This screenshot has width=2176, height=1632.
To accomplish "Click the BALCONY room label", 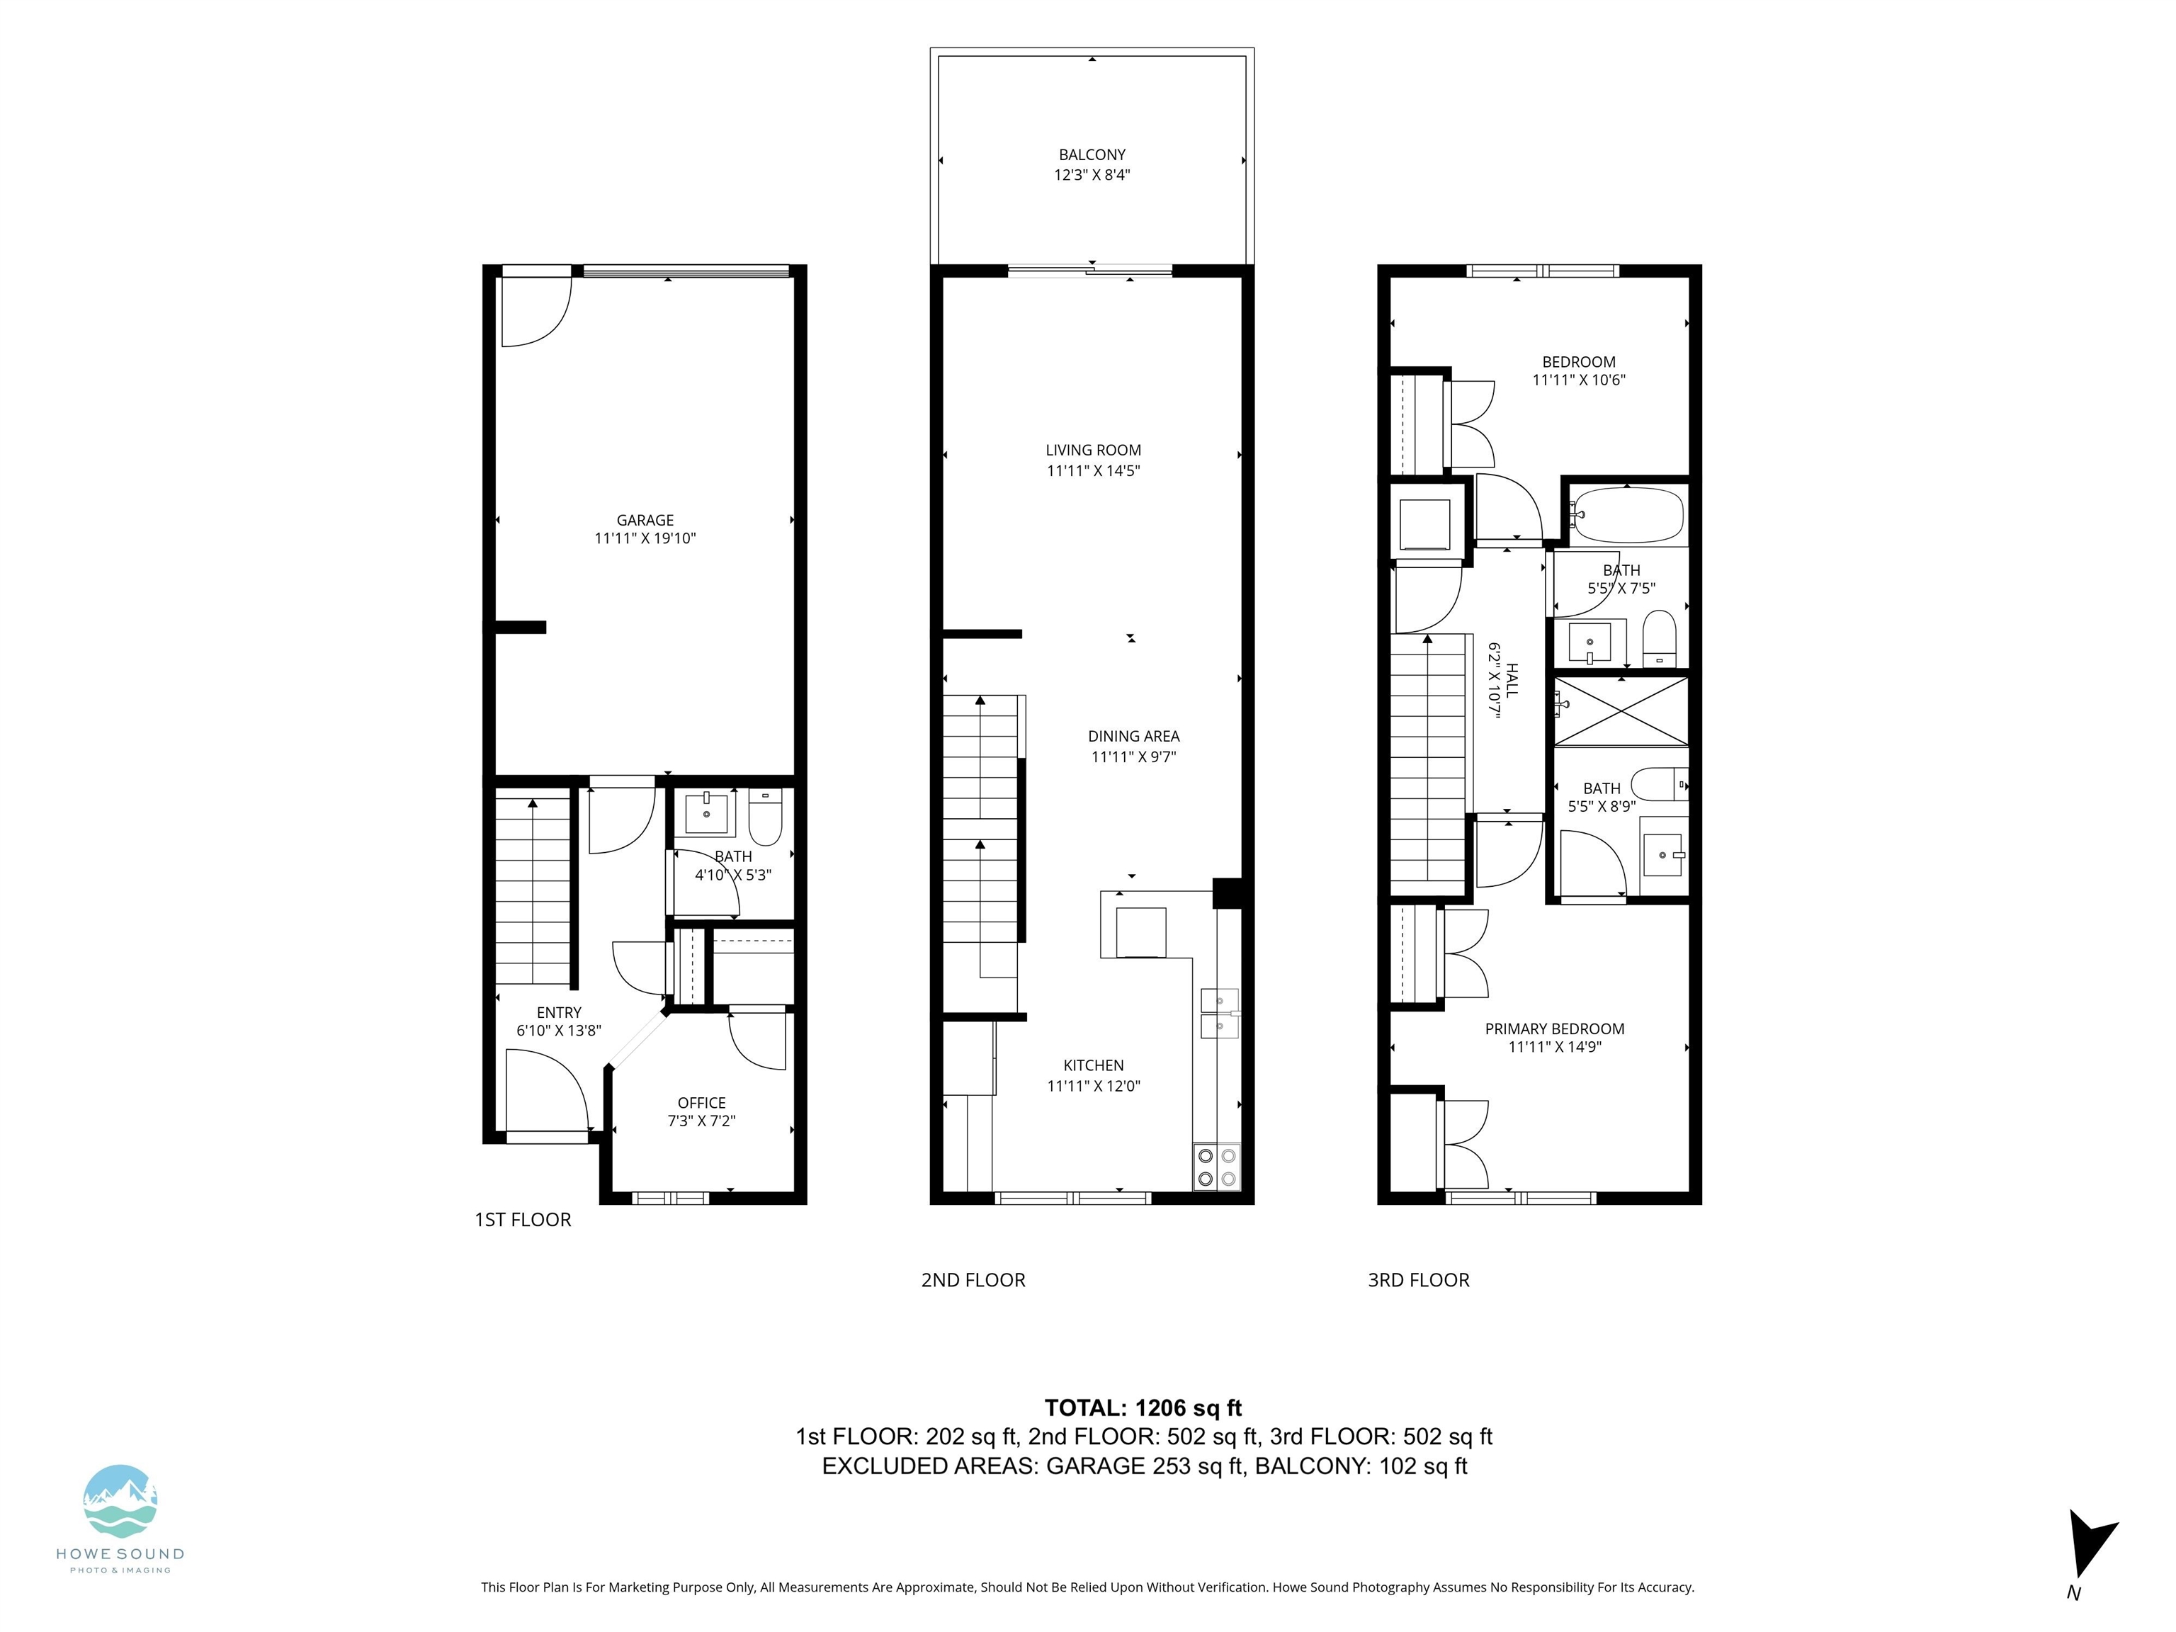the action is (x=1092, y=154).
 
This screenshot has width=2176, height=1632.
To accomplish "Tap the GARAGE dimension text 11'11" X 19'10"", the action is (x=645, y=539).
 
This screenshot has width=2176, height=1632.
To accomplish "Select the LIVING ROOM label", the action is (x=1093, y=450).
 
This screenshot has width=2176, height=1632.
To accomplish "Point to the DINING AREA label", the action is (x=1133, y=736).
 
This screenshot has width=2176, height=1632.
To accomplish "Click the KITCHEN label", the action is (x=1093, y=1065).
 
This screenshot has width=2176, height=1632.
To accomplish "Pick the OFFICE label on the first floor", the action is (x=701, y=1103).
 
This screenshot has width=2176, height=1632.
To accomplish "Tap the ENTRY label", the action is (x=559, y=1012).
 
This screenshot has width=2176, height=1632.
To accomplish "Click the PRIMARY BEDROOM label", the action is (x=1554, y=1029).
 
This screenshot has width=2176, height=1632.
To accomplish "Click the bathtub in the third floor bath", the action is (x=1627, y=514).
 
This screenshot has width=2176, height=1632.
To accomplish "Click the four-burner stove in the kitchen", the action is (x=1217, y=1167).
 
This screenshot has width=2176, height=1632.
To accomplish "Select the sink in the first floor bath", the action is (x=706, y=814).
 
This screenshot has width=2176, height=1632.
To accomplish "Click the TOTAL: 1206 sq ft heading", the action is (x=1143, y=1407).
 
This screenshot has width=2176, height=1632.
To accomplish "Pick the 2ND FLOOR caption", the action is (x=973, y=1280).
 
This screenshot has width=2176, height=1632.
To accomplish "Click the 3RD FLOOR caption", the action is (x=1419, y=1280).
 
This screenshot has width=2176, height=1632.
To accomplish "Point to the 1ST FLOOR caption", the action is (x=522, y=1220).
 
